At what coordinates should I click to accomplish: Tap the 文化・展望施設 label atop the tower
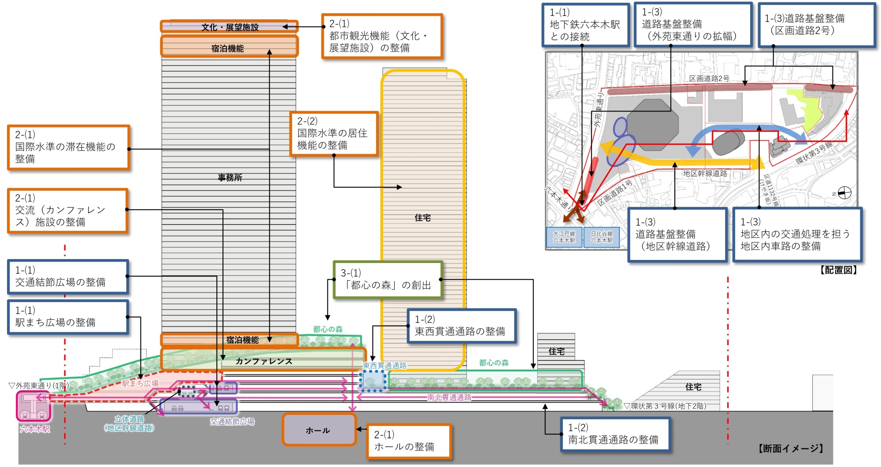(x=230, y=27)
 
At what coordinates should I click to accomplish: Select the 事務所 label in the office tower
(x=230, y=178)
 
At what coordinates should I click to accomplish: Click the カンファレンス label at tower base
(x=263, y=361)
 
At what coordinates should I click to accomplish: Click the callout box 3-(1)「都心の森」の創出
(x=388, y=280)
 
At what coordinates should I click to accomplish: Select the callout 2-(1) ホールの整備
(x=409, y=441)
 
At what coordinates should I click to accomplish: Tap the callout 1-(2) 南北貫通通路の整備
(x=615, y=434)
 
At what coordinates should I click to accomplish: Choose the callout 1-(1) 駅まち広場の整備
(x=68, y=317)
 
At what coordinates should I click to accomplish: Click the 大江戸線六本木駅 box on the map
(x=564, y=237)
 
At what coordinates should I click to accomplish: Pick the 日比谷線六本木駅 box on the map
(x=601, y=237)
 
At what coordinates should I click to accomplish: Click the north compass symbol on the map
(x=844, y=193)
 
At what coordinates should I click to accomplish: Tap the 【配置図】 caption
(x=838, y=270)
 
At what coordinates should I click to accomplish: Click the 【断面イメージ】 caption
(x=790, y=448)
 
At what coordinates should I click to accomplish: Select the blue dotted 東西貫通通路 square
(x=373, y=381)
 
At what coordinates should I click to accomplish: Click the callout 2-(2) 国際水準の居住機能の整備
(x=334, y=133)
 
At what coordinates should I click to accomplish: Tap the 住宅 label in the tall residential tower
(x=422, y=218)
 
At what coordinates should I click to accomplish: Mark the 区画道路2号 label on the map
(x=709, y=78)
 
